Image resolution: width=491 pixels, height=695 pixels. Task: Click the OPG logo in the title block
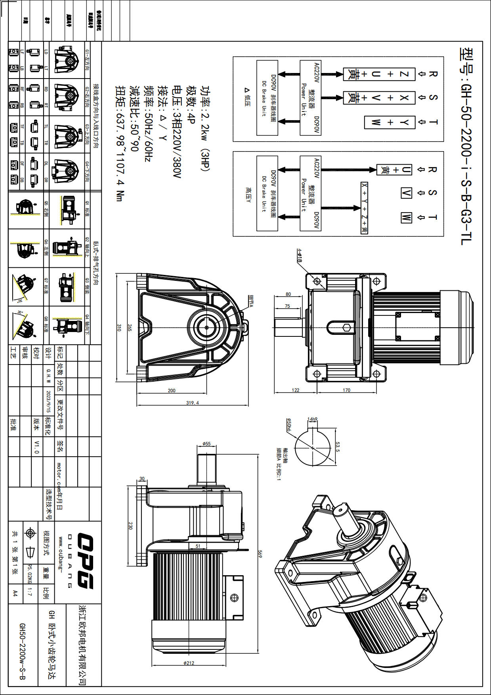coord(85,561)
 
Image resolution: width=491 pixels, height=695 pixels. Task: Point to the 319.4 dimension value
coord(193,403)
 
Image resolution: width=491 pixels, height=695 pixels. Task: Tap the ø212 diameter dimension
coord(189,663)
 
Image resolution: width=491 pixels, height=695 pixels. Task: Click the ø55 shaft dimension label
coord(206,444)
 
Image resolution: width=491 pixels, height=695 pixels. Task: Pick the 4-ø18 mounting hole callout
coord(300,255)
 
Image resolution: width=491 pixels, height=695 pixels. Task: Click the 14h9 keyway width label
coord(312,419)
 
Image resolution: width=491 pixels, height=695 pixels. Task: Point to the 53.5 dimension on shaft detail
coord(337,447)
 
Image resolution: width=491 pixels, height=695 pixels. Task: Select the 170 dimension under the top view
coord(346,390)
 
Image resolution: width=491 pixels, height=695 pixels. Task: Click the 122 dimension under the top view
coord(296,390)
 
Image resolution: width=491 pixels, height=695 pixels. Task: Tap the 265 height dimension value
coord(130,328)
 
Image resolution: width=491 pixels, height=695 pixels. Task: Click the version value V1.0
coord(36,447)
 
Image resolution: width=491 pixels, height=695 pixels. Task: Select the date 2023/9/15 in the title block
coord(48,401)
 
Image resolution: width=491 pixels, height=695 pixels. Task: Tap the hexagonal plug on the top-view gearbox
coord(347,328)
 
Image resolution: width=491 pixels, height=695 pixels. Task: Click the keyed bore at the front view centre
coord(206,327)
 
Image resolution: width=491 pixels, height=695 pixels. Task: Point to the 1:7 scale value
coord(29,593)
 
